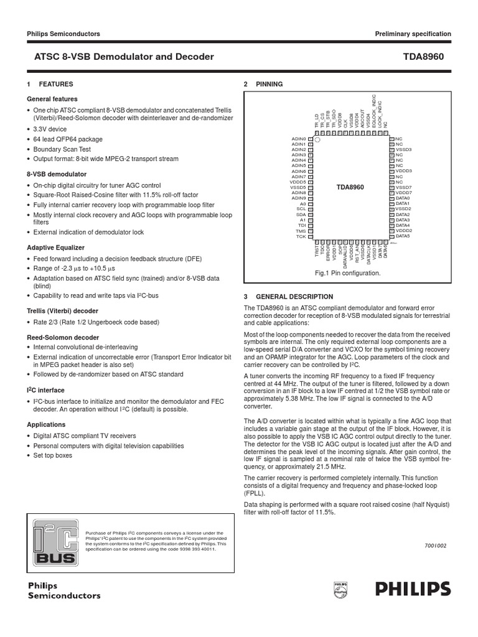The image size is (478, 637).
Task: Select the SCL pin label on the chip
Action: [302, 208]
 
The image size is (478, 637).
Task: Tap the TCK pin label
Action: [301, 236]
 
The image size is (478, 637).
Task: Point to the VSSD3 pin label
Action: [404, 149]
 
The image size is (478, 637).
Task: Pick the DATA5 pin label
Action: [403, 236]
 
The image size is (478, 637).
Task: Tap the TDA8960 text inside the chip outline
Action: [350, 187]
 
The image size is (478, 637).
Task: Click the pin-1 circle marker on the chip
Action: [317, 140]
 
